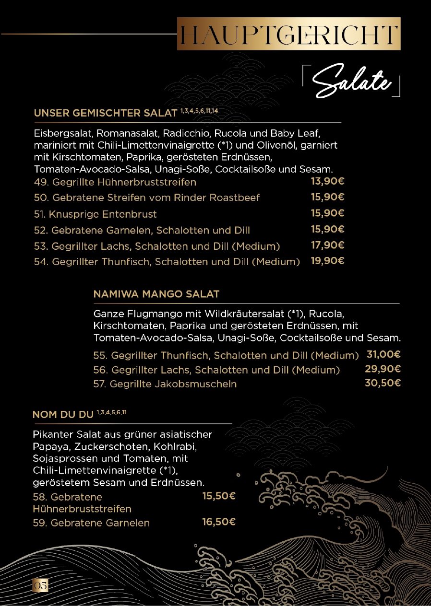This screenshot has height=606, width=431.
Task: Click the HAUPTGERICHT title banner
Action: click(288, 34)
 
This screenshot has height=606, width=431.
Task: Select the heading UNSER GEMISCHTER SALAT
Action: click(106, 114)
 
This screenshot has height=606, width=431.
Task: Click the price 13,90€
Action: click(328, 182)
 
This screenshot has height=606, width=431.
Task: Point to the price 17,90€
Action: click(328, 245)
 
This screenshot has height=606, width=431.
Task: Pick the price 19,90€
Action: click(328, 261)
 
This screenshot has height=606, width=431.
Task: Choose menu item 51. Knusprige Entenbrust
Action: click(95, 214)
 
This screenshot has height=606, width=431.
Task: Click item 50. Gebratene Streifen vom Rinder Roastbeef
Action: click(147, 198)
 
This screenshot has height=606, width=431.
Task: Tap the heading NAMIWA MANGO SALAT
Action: click(156, 294)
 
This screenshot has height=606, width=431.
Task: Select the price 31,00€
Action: click(383, 355)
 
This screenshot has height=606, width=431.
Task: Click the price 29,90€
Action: click(383, 369)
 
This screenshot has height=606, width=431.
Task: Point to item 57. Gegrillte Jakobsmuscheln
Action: click(165, 384)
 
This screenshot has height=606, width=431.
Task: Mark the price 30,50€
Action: click(383, 383)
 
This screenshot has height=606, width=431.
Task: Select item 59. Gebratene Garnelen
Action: click(91, 523)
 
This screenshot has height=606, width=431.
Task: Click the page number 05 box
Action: click(40, 585)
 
